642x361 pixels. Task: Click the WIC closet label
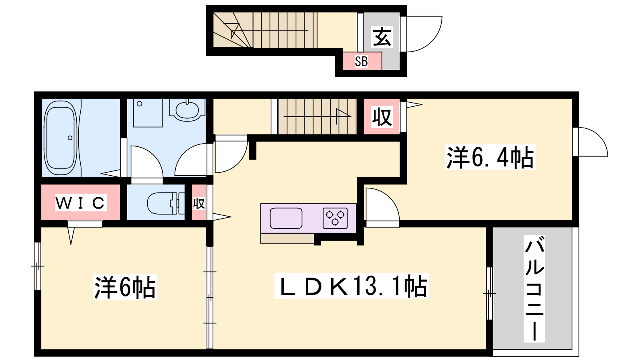click(x=81, y=203)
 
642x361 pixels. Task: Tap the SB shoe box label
click(x=362, y=61)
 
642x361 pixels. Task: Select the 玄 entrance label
click(x=382, y=37)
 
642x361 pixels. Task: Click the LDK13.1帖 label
click(x=351, y=286)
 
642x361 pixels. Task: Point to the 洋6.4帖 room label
click(x=490, y=157)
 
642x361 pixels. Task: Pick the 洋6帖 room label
click(x=125, y=287)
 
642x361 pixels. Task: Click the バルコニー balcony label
click(x=534, y=288)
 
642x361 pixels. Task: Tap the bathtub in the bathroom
click(x=60, y=138)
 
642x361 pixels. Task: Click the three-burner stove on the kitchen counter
click(x=335, y=218)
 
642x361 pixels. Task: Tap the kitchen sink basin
click(x=286, y=218)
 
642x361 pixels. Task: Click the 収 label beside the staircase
click(x=382, y=117)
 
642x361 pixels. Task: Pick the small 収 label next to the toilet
click(x=199, y=204)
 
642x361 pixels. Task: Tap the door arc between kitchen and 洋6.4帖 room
click(x=389, y=198)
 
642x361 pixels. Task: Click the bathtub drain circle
click(x=70, y=138)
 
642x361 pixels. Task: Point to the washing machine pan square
click(x=148, y=113)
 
